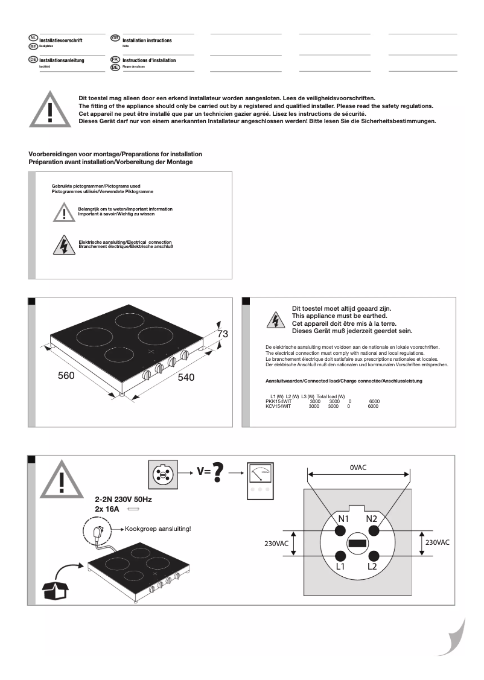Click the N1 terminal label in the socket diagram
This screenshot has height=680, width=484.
343,519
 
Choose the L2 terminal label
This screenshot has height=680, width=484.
372,567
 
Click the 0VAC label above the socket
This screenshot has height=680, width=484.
358,468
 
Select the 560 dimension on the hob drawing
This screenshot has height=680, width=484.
66,376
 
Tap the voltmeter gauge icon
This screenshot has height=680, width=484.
261,481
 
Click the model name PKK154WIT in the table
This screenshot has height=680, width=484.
278,401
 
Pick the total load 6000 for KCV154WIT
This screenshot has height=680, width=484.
373,407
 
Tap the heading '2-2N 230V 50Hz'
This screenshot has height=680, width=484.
124,500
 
